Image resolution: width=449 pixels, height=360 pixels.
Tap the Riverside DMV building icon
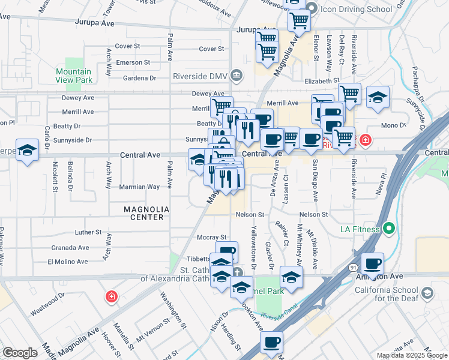(x=237, y=76)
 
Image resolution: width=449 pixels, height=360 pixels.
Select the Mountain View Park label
(x=74, y=76)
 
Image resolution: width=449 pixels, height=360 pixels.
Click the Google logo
(x=20, y=353)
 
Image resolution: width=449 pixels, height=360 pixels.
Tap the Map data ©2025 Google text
(x=412, y=355)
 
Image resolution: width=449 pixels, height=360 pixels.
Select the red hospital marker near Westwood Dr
(x=110, y=296)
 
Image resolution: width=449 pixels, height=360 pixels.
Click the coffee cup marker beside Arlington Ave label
(x=372, y=264)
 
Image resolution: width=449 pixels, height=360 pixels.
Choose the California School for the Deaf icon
(x=427, y=293)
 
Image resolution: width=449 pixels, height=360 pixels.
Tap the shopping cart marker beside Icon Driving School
(x=298, y=22)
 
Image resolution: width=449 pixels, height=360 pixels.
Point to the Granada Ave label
(x=70, y=247)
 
